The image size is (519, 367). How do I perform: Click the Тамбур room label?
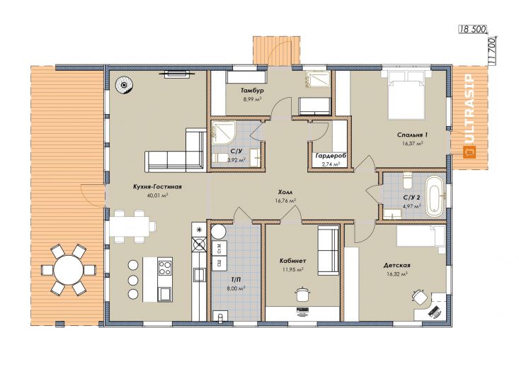coord(252,91)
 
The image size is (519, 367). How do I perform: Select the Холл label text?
coord(285,192)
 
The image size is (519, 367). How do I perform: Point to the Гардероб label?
coord(329,155)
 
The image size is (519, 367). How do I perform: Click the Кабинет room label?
coord(292,261)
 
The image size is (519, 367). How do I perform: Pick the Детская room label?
coord(397,265)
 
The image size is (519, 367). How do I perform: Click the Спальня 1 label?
coord(412,135)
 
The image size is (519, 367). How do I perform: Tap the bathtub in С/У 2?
coord(435,196)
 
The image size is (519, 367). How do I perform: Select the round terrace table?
coord(69,270)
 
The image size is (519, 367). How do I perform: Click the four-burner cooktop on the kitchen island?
coord(165,268)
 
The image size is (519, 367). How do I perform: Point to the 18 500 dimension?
coord(472,30)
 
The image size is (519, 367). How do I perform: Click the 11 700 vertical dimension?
coord(491,52)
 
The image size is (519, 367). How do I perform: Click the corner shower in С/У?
coord(224,132)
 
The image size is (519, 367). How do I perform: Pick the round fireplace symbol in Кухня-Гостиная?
coord(124,86)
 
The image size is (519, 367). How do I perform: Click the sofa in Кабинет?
coord(329,250)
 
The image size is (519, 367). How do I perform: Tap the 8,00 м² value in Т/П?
coord(236,288)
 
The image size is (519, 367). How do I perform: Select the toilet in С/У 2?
coord(407,181)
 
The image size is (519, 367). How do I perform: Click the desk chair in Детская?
coord(419,295)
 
